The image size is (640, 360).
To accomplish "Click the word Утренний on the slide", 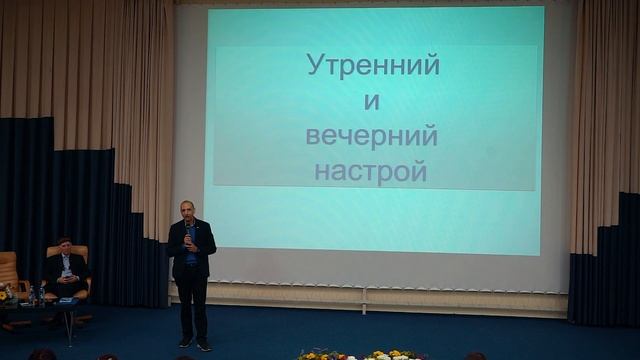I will (372, 67).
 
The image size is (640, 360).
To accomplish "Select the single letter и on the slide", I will (372, 102).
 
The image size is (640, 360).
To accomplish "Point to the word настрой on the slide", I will (371, 172).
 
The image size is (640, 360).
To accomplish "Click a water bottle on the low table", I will (33, 294).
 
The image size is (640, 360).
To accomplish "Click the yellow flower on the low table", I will (6, 294).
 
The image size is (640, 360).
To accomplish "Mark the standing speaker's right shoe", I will (184, 342).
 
